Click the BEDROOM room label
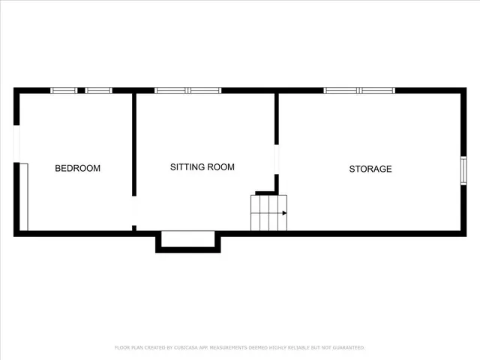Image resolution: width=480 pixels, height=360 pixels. pos(77,168)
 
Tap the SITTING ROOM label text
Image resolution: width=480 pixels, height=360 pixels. pos(202,167)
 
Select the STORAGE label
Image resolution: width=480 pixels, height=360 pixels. pos(370,169)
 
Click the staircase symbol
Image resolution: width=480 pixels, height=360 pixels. pos(268,213)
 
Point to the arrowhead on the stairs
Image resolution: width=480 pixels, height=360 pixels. pos(284,213)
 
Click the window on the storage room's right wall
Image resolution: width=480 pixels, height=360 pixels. pos(463,169)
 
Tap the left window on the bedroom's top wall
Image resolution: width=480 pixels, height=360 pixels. pos(64,91)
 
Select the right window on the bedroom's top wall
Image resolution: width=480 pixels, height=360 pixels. pos(98,91)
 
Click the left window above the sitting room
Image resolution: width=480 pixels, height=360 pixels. pos(171,91)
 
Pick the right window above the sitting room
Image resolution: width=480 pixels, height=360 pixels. pos(205,91)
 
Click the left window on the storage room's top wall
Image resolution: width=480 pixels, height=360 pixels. pos(341,91)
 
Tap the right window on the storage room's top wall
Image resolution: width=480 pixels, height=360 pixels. pos(377,91)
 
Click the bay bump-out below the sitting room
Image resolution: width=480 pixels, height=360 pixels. pos(188,241)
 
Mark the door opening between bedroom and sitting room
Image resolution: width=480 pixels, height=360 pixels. pos(134,211)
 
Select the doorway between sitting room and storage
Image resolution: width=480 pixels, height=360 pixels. pos(277,159)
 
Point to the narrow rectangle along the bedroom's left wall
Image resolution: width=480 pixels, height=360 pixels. pos(24,196)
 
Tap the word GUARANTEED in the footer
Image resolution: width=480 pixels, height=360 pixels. pos(345,347)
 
